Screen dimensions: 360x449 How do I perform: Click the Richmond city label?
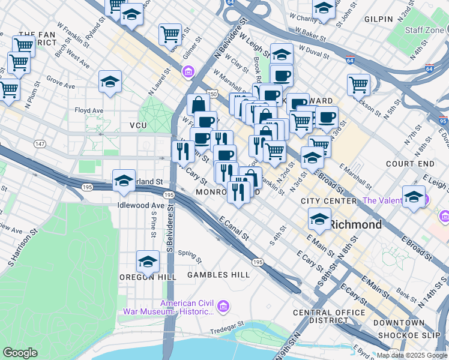pyautogui.click(x=355, y=225)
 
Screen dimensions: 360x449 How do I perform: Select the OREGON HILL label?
pyautogui.click(x=147, y=277)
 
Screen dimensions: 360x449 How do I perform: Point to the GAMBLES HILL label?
pyautogui.click(x=218, y=275)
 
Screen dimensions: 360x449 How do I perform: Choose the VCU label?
pyautogui.click(x=138, y=125)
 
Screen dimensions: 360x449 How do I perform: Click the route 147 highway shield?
pyautogui.click(x=40, y=144)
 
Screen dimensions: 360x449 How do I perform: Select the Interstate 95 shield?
pyautogui.click(x=443, y=121)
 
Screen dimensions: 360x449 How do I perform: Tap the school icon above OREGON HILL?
pyautogui.click(x=148, y=262)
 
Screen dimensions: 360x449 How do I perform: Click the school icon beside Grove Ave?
pyautogui.click(x=110, y=82)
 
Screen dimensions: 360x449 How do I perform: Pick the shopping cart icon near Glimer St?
pyautogui.click(x=170, y=34)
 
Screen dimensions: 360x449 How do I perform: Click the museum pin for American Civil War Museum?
pyautogui.click(x=223, y=307)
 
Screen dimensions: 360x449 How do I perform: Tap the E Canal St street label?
pyautogui.click(x=234, y=229)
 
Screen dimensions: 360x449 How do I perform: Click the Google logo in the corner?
pyautogui.click(x=20, y=353)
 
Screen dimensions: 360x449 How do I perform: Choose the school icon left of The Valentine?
pyautogui.click(x=414, y=198)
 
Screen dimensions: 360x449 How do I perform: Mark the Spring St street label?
pyautogui.click(x=189, y=254)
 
